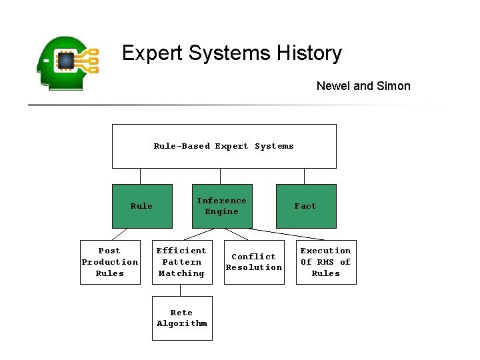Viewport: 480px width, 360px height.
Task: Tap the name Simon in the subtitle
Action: (x=393, y=85)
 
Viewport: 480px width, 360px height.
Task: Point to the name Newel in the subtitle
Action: (x=332, y=85)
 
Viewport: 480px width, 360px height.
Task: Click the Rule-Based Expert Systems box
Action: (x=224, y=146)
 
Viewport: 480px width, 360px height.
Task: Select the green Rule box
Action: (x=141, y=206)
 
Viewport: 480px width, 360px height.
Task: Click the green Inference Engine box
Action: (x=222, y=206)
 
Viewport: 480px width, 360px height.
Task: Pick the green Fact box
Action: (x=306, y=206)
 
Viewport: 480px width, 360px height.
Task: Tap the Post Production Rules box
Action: (x=110, y=262)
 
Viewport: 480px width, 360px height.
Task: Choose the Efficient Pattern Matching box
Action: (x=182, y=262)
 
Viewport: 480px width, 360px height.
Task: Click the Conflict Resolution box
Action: (x=254, y=262)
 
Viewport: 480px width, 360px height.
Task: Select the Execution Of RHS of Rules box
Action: (x=326, y=262)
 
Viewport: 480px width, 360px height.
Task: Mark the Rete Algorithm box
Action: (x=182, y=318)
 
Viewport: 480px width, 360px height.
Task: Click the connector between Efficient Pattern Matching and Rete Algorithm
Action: (x=180, y=290)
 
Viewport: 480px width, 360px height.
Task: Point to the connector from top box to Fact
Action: (x=305, y=176)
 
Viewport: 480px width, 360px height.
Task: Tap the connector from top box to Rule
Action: (x=141, y=176)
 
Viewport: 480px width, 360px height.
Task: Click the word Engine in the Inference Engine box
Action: (x=222, y=212)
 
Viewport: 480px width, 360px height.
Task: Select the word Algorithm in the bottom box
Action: (x=182, y=324)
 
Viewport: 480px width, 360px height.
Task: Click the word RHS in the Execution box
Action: (x=326, y=262)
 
